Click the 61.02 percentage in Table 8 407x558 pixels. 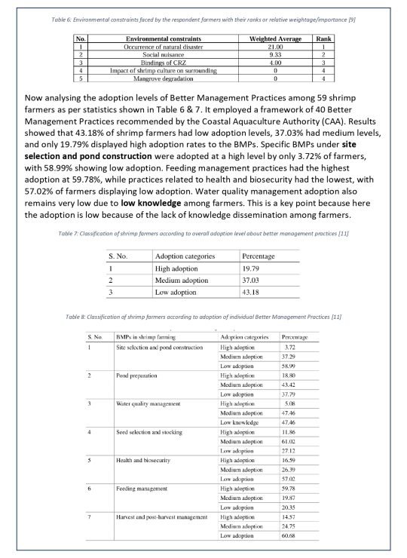291,443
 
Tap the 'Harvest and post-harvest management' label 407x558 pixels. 161,517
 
